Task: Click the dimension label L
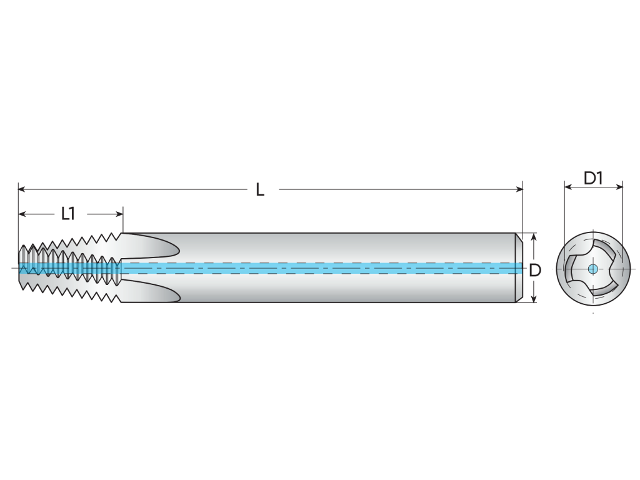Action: pyautogui.click(x=259, y=189)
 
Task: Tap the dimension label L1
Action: pyautogui.click(x=67, y=214)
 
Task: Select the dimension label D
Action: pyautogui.click(x=535, y=270)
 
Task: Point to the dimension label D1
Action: pyautogui.click(x=593, y=178)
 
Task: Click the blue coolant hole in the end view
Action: pyautogui.click(x=593, y=269)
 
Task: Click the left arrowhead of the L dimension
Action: pyautogui.click(x=22, y=189)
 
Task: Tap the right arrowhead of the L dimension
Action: pyautogui.click(x=519, y=189)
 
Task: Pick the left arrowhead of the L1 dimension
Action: pyautogui.click(x=22, y=214)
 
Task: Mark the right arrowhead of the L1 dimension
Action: pyautogui.click(x=119, y=214)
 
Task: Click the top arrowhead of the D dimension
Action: pyautogui.click(x=534, y=237)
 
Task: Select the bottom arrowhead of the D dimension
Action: pyautogui.click(x=534, y=299)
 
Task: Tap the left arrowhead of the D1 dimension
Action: pyautogui.click(x=567, y=187)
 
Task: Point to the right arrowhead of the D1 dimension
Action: pyautogui.click(x=619, y=187)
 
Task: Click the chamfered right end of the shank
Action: pyautogui.click(x=518, y=267)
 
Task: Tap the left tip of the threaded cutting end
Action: pyautogui.click(x=19, y=267)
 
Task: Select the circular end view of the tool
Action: pyautogui.click(x=593, y=269)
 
